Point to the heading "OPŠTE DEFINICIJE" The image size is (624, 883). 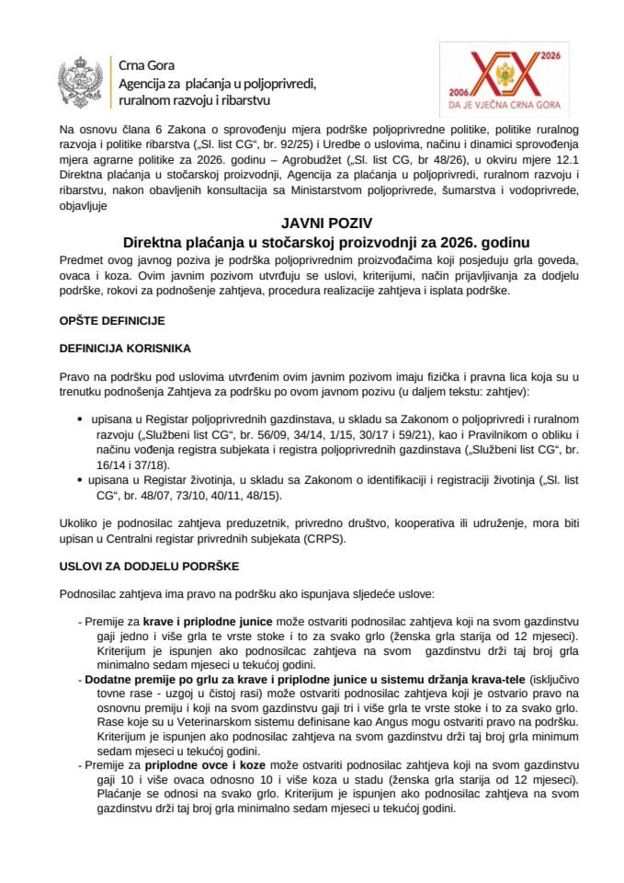112,321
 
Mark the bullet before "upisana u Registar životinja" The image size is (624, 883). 83,479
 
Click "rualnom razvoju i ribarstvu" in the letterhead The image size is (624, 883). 195,99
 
